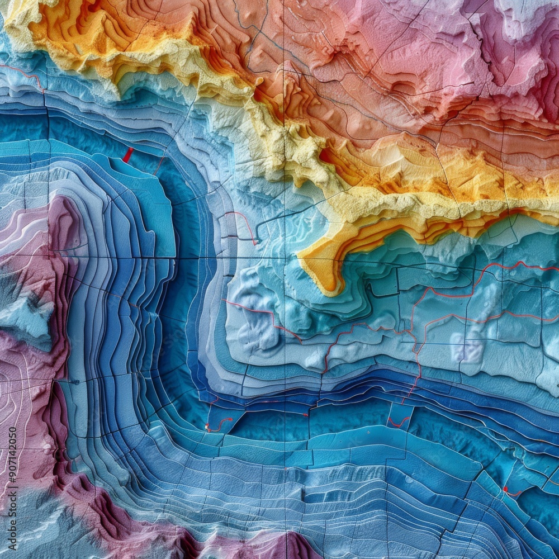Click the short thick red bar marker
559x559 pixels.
click(x=128, y=155)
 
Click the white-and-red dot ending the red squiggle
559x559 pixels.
click(x=208, y=428)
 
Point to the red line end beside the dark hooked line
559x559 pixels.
click(x=254, y=243)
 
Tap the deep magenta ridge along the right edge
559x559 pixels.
click(x=545, y=84)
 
